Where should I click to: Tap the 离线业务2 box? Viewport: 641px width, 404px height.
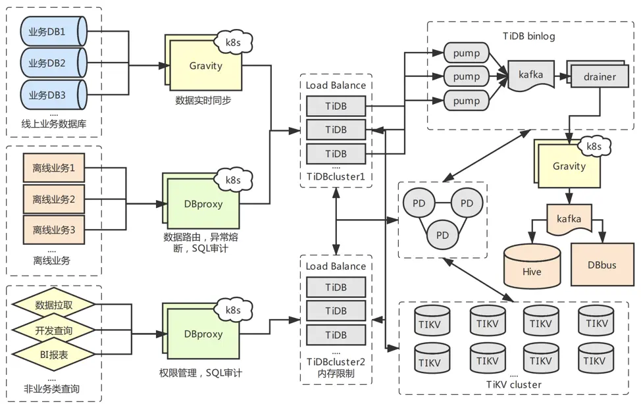pyautogui.click(x=54, y=199)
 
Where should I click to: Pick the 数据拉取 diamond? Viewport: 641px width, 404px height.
pyautogui.click(x=54, y=305)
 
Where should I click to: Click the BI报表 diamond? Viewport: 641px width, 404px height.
pyautogui.click(x=54, y=355)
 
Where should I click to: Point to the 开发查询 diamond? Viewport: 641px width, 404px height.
pyautogui.click(x=54, y=330)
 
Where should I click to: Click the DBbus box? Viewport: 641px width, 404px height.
pyautogui.click(x=602, y=265)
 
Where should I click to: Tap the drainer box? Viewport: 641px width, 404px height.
pyautogui.click(x=600, y=77)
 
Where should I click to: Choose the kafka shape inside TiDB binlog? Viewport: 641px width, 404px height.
pyautogui.click(x=531, y=76)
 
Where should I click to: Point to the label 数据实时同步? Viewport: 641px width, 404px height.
pyautogui.click(x=203, y=101)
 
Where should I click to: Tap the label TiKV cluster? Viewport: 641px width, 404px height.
pyautogui.click(x=514, y=384)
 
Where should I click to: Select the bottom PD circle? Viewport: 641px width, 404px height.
pyautogui.click(x=443, y=235)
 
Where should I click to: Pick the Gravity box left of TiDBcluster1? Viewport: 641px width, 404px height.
pyautogui.click(x=206, y=67)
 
